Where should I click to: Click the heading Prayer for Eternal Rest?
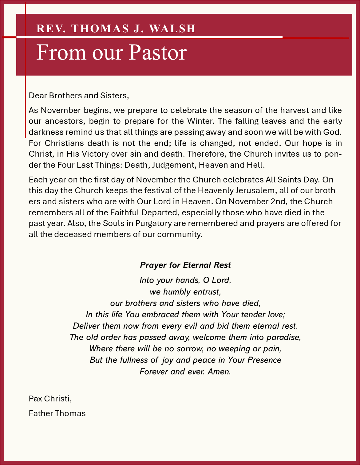click(x=185, y=265)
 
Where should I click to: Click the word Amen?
click(x=219, y=372)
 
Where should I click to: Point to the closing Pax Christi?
click(x=50, y=399)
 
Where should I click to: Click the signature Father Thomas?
click(x=57, y=413)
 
